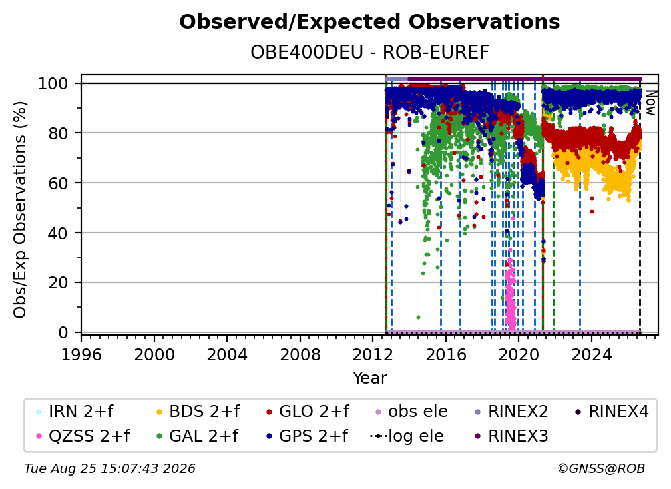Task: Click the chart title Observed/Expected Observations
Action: [x=369, y=22]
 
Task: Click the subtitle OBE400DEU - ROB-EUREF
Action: [x=369, y=52]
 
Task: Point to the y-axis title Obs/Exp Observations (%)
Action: [x=20, y=210]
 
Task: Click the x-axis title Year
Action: [x=369, y=378]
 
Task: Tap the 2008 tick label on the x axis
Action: [x=300, y=355]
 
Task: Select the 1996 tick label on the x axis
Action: [x=81, y=355]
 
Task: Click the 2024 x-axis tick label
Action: [x=592, y=355]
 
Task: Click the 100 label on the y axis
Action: [x=53, y=83]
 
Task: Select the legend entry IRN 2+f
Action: [x=75, y=412]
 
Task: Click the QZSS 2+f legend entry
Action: [x=83, y=436]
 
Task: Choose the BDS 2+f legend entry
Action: [x=198, y=412]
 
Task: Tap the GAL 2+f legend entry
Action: [x=197, y=436]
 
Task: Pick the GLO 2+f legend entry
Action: [x=308, y=412]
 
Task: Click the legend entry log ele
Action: [x=407, y=436]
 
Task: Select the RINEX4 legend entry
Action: [x=612, y=412]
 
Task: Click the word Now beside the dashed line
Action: [x=650, y=103]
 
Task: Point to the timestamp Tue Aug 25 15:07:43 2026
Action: [x=110, y=469]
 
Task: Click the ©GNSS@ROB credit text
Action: [x=601, y=469]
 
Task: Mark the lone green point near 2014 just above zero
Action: [x=418, y=318]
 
